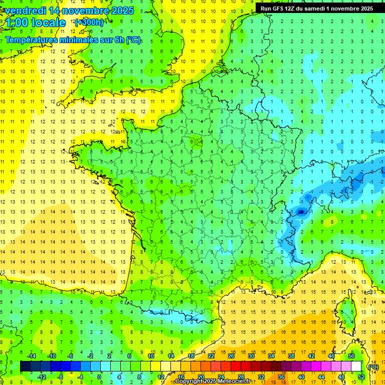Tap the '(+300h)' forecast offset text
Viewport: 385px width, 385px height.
coord(89,22)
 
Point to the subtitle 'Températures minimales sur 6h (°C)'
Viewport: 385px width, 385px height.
coord(73,40)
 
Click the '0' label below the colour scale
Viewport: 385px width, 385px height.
coord(99,377)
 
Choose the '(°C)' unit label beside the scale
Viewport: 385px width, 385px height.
coord(373,367)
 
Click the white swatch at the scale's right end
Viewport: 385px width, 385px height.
coord(356,366)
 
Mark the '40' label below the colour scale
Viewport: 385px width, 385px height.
coord(301,377)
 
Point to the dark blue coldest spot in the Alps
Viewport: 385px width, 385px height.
coord(301,212)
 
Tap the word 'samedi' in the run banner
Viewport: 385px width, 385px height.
coord(320,9)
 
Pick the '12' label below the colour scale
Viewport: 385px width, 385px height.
coord(161,377)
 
